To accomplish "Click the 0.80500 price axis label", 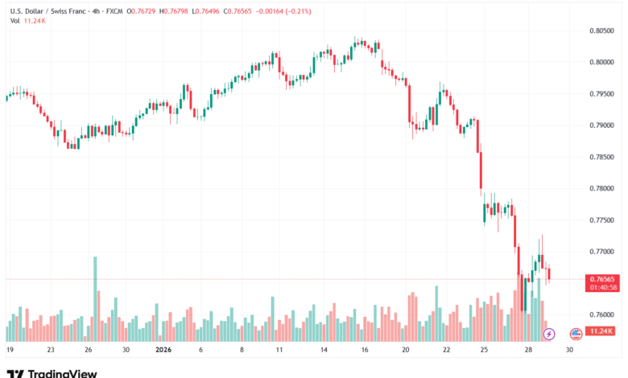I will click(x=603, y=31).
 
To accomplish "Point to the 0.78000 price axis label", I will click(x=603, y=188).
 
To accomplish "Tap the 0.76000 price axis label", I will click(x=603, y=314).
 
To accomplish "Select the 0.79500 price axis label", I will click(x=603, y=93).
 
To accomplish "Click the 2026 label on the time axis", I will click(x=163, y=351).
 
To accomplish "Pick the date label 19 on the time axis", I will click(x=10, y=351).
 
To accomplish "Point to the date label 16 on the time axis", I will click(x=365, y=351).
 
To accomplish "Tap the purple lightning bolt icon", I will click(x=550, y=332).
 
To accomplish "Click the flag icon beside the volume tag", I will click(x=576, y=332).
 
